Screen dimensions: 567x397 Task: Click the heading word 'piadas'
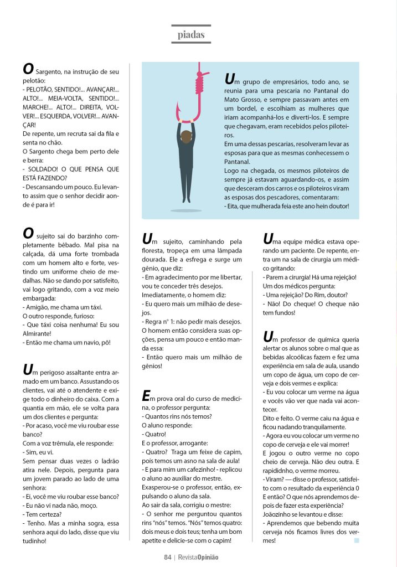[191, 35]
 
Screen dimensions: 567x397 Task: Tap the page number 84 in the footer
[167, 557]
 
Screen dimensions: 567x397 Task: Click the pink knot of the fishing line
[199, 83]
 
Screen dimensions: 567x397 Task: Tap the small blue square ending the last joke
[357, 540]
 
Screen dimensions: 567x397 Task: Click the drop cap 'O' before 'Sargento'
[28, 69]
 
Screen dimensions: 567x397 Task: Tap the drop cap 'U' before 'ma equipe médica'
[269, 239]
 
